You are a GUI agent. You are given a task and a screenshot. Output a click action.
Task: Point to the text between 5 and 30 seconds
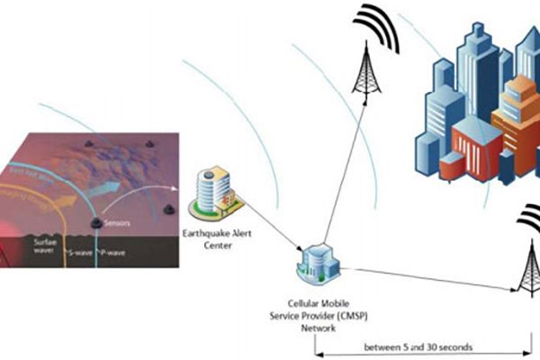418,346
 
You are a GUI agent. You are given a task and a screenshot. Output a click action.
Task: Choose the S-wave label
78,254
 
